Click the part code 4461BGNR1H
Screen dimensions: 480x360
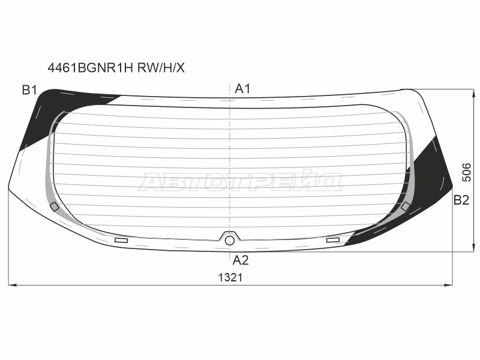tap(91, 68)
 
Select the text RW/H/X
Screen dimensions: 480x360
tap(161, 68)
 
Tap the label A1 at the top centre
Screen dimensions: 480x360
tap(242, 89)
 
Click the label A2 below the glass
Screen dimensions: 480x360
tap(241, 260)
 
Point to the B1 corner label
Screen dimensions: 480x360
tap(29, 91)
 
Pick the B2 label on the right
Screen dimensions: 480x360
tap(461, 200)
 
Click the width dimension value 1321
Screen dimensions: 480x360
tap(230, 278)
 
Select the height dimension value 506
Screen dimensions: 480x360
tap(467, 172)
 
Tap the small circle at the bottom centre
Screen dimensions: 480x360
tap(230, 241)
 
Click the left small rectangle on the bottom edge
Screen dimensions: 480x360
tap(121, 241)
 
